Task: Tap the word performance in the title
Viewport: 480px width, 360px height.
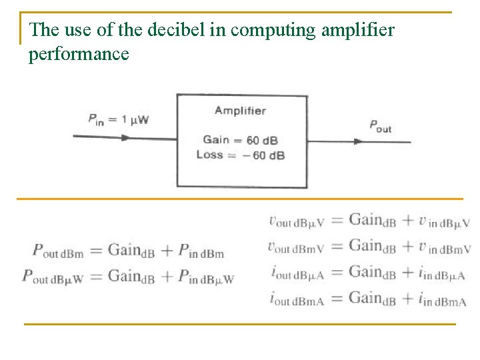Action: click(x=79, y=54)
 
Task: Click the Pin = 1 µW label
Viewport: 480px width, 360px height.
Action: click(x=119, y=119)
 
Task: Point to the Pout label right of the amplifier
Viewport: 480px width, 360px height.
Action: click(x=381, y=125)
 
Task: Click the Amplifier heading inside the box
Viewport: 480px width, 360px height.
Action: click(x=240, y=111)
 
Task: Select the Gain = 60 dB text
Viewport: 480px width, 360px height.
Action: click(x=240, y=140)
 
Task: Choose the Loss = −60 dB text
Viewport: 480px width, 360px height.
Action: click(x=240, y=155)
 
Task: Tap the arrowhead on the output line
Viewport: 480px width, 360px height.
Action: click(x=358, y=141)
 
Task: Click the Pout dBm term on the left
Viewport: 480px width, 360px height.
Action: click(x=57, y=251)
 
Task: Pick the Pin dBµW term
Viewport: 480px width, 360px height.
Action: click(x=207, y=277)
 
